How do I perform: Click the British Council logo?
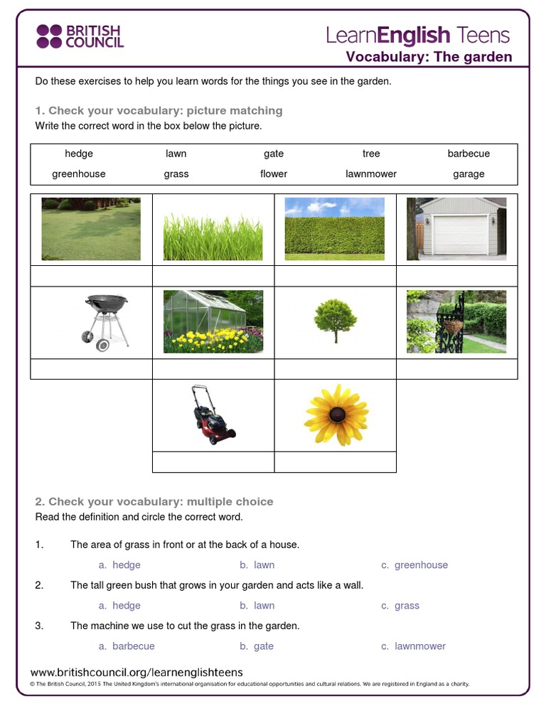coord(80,36)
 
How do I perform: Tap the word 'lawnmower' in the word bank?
coord(371,173)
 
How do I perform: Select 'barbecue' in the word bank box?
coord(469,154)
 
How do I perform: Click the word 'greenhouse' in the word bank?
coord(79,173)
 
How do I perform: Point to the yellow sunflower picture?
coord(336,415)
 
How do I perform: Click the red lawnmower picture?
coord(213,414)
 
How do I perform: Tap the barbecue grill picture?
coord(106,321)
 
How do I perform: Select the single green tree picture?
coord(336,321)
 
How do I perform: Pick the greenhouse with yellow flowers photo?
coord(213,321)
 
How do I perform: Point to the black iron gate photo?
coord(456,321)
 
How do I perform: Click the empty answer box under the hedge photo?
coord(335,276)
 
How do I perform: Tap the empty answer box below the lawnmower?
coord(213,462)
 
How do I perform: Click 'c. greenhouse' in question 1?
coord(414,565)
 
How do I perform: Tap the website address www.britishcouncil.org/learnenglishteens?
coord(136,672)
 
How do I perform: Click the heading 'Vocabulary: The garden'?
coord(429,57)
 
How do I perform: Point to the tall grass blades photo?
coord(213,229)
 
